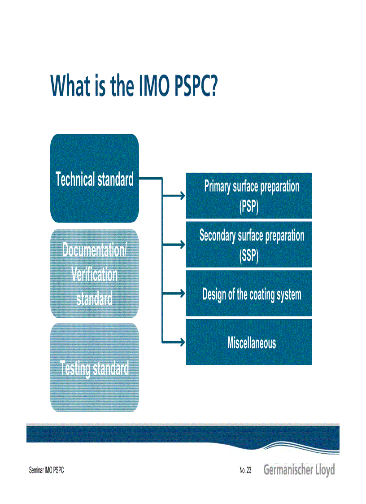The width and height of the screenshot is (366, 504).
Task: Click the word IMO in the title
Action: pos(151,86)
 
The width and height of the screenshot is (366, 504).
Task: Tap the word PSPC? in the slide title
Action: pos(196,86)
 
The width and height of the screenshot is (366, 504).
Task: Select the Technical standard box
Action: pos(95,179)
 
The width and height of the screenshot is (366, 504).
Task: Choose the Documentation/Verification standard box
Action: pos(95,274)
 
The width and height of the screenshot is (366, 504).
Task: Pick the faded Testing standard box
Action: pos(95,368)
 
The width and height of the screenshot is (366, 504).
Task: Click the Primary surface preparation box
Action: pos(249,196)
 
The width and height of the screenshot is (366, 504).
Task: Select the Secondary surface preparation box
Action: pos(249,245)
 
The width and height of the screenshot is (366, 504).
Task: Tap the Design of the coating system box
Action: pos(249,294)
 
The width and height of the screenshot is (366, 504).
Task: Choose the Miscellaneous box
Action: pos(249,343)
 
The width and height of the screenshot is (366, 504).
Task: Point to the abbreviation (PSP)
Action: pos(249,207)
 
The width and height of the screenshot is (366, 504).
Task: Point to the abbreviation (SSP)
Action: pos(249,256)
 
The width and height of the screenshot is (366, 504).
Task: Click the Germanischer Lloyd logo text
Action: pos(299,470)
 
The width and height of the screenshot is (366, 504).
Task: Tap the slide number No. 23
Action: pos(245,470)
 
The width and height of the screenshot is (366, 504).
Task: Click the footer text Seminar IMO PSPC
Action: pos(46,470)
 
